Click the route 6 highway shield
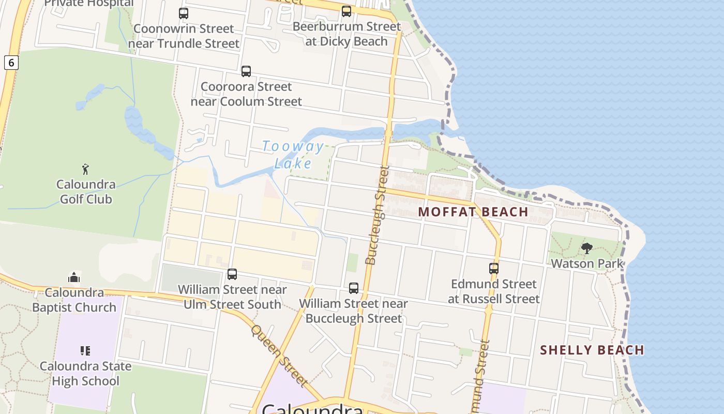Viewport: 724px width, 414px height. pyautogui.click(x=11, y=63)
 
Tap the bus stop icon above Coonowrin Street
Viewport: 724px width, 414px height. pyautogui.click(x=184, y=13)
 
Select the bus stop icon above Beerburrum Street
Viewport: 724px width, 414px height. pyautogui.click(x=346, y=11)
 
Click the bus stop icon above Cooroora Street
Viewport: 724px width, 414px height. pyautogui.click(x=246, y=71)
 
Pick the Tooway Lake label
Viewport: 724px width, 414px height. pyautogui.click(x=293, y=155)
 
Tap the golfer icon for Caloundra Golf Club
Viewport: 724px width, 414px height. pyautogui.click(x=85, y=169)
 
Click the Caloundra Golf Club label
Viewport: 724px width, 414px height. pyautogui.click(x=86, y=191)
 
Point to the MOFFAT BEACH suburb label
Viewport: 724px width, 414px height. pyautogui.click(x=473, y=212)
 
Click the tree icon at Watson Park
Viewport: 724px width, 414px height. pyautogui.click(x=587, y=248)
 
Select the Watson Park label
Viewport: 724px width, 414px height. pyautogui.click(x=587, y=263)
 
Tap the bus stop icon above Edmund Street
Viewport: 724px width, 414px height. pyautogui.click(x=494, y=269)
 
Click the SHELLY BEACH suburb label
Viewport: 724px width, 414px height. pyautogui.click(x=592, y=350)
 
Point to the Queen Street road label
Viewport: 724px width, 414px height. pyautogui.click(x=279, y=356)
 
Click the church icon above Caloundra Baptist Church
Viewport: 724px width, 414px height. pyautogui.click(x=74, y=277)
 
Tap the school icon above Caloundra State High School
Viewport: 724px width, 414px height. pyautogui.click(x=85, y=351)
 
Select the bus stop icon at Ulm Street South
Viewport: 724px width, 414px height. pyautogui.click(x=232, y=274)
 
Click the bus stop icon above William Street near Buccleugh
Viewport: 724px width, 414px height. pyautogui.click(x=354, y=288)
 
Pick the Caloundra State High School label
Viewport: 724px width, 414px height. pyautogui.click(x=86, y=374)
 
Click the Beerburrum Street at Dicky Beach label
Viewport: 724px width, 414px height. pyautogui.click(x=346, y=34)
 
